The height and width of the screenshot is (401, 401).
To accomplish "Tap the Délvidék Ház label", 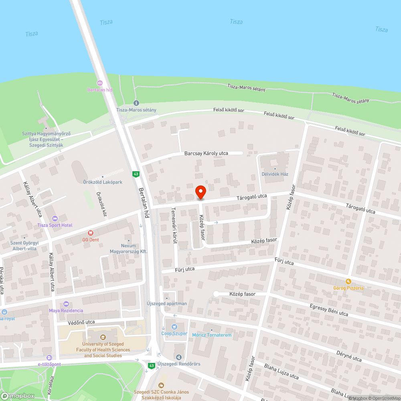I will click(275, 174).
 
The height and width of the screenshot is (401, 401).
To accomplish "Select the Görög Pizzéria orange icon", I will click(348, 282).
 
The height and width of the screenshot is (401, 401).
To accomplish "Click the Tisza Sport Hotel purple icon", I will click(55, 219).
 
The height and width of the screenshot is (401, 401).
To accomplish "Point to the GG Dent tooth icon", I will click(90, 233).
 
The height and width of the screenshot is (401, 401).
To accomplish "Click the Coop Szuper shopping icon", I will click(174, 327).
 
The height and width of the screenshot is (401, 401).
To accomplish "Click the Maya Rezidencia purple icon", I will click(66, 304).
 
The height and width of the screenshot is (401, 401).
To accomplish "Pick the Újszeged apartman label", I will click(167, 304).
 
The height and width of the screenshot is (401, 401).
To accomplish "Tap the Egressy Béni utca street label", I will click(329, 310).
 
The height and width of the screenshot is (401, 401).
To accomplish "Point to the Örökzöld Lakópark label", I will click(103, 182).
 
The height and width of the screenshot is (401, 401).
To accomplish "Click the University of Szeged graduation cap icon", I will click(103, 337).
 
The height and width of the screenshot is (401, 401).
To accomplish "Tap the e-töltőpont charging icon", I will click(49, 358).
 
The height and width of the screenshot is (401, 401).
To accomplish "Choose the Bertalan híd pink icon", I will click(99, 83).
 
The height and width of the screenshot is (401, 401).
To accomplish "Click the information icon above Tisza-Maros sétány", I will click(136, 103).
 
